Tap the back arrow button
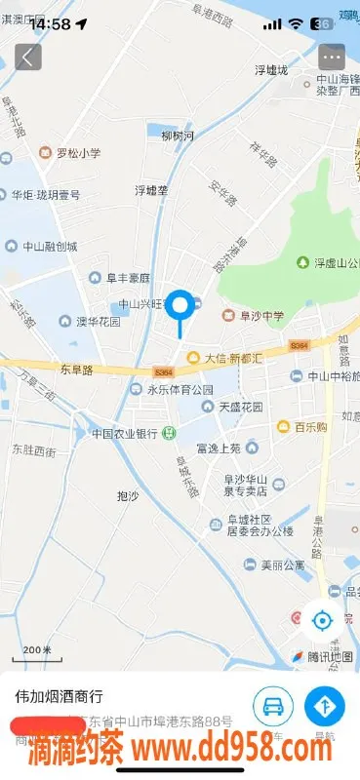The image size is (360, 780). coord(27,57)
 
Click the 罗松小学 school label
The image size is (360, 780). coord(70,152)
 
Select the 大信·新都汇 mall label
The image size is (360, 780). coord(226,358)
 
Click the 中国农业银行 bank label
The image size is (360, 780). coord(125,433)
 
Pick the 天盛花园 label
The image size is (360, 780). coord(235,406)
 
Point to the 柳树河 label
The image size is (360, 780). coord(178,136)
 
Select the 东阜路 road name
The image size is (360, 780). coord(76,370)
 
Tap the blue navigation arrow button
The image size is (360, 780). coord(325,706)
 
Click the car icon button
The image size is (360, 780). coord(273,706)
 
